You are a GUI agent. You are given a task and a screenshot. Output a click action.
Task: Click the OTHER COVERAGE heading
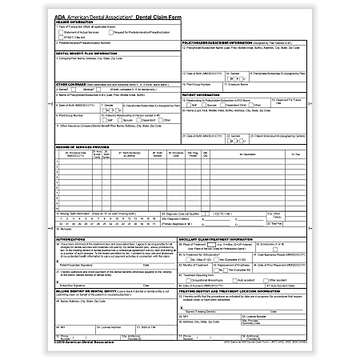(x=73, y=83)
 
